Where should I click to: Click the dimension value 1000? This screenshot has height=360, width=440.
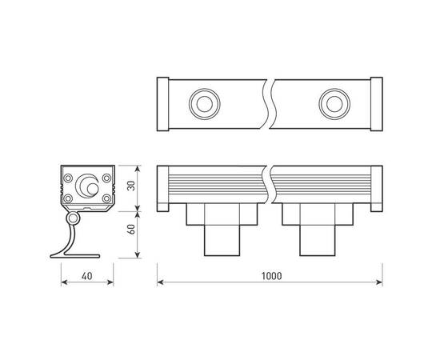[270, 276]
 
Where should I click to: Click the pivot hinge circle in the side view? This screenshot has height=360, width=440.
[74, 218]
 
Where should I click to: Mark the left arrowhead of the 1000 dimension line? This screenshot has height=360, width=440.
[160, 283]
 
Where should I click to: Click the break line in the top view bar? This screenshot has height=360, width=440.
[269, 104]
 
